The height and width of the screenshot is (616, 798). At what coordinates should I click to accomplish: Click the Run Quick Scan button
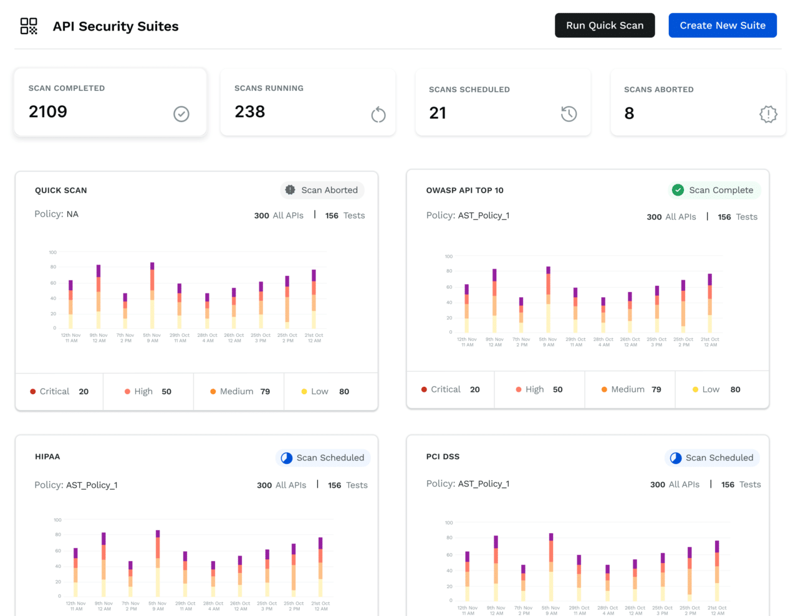coord(604,26)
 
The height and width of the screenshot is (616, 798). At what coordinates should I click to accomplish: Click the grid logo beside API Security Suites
coord(29,26)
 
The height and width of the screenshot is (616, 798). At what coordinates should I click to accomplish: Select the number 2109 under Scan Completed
coord(48,111)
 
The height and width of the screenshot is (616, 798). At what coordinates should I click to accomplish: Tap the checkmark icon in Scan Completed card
coord(181,114)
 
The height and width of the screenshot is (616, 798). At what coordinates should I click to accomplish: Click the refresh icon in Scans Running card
coord(378,115)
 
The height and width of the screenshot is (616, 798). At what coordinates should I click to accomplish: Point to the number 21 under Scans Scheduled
coord(438,113)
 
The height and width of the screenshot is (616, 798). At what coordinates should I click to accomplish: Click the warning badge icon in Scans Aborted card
coord(768,114)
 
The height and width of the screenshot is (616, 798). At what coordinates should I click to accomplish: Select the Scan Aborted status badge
coord(322,190)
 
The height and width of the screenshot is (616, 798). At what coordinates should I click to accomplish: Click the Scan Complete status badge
coord(714,190)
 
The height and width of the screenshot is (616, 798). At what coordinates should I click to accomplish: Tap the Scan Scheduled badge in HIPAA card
coord(323,458)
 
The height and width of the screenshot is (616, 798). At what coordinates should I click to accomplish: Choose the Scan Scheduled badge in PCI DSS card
coord(712,458)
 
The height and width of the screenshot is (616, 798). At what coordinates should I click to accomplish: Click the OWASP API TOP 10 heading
coord(464,191)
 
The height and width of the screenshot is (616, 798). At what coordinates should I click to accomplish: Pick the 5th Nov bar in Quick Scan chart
coord(152,295)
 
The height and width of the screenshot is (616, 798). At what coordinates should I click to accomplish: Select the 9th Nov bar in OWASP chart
coord(494,301)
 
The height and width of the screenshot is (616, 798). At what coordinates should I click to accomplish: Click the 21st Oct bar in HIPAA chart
coord(320,567)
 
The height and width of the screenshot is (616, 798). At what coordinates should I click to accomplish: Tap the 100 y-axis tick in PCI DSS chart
coord(449,523)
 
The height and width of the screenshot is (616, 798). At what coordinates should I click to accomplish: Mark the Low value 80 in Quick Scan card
coord(344,392)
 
